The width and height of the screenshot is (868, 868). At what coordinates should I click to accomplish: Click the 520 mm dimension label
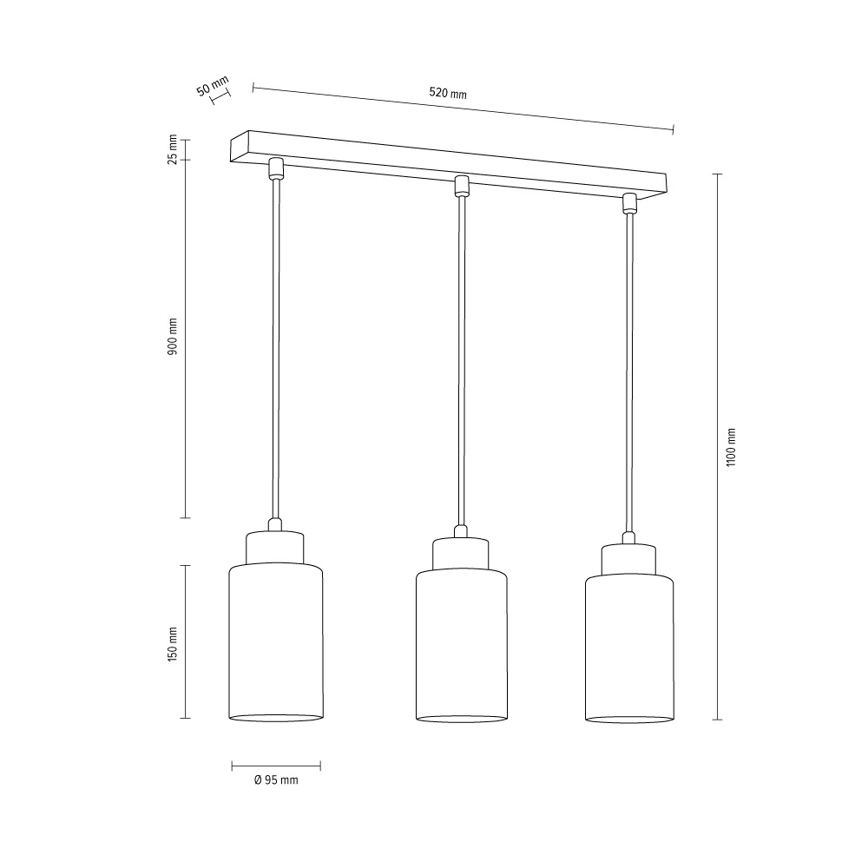(x=448, y=93)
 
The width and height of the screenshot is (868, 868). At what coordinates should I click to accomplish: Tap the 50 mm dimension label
(x=213, y=86)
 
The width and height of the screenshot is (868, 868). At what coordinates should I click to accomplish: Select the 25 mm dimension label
(x=173, y=149)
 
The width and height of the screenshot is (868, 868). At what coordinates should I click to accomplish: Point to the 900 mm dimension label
(x=173, y=337)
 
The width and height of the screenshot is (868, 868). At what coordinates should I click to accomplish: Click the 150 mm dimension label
(x=173, y=644)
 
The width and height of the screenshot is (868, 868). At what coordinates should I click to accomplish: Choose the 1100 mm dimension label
(x=731, y=447)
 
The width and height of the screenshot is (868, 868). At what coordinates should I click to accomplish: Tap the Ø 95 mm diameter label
(x=276, y=780)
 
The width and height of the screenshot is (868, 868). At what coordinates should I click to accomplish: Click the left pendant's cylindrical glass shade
(x=276, y=642)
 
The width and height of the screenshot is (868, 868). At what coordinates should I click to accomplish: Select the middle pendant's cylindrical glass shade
(x=461, y=646)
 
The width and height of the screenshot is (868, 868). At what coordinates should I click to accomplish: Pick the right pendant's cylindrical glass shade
(x=629, y=648)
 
